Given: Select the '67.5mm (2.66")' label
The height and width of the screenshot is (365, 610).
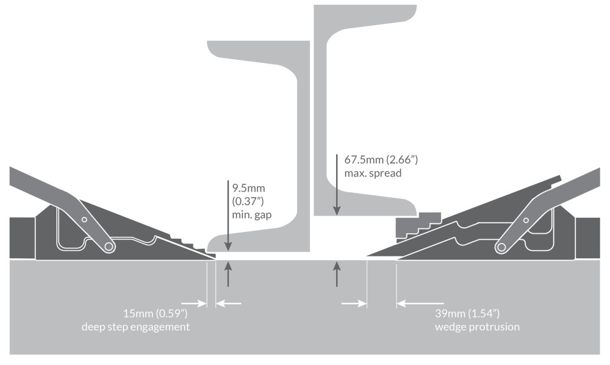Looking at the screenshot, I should click(x=381, y=160).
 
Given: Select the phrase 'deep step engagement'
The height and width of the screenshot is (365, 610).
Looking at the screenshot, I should click(x=135, y=327).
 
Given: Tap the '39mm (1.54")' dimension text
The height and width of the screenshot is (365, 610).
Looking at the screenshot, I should click(x=467, y=313).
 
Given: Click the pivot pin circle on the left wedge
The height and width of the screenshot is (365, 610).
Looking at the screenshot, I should click(x=109, y=247).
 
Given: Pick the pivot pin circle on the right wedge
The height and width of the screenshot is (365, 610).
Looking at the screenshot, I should click(x=501, y=247).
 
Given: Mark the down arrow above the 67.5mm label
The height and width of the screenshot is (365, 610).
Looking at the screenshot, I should click(x=337, y=183).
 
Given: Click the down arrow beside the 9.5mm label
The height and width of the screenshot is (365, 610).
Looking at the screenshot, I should click(x=228, y=214).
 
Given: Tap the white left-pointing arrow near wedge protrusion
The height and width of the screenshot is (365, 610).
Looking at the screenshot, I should click(x=421, y=303).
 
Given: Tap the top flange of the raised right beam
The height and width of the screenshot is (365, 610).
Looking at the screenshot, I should click(x=365, y=13).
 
